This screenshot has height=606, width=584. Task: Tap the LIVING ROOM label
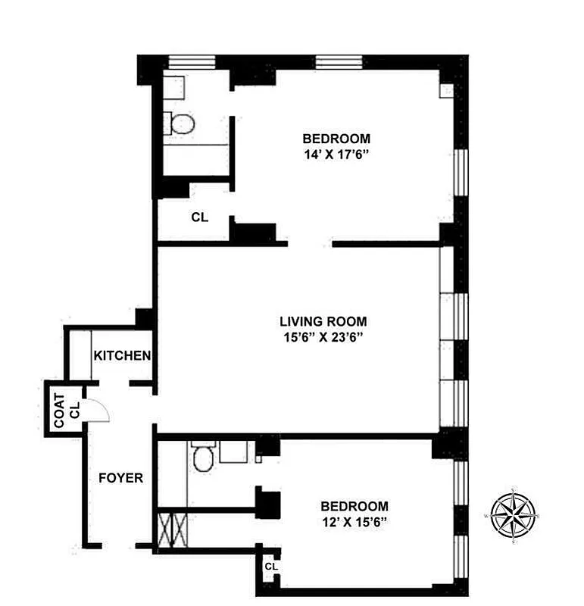(323, 321)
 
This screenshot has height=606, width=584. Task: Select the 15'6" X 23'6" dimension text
(323, 338)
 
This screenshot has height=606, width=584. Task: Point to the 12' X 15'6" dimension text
(354, 522)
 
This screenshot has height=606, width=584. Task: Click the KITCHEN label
(122, 355)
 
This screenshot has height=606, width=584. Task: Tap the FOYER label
(121, 478)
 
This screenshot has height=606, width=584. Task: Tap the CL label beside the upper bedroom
(199, 217)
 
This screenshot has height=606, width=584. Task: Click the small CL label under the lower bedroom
(270, 567)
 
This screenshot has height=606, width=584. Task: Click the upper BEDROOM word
(336, 139)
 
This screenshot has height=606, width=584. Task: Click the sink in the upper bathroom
(174, 86)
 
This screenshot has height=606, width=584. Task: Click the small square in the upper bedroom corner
(446, 91)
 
